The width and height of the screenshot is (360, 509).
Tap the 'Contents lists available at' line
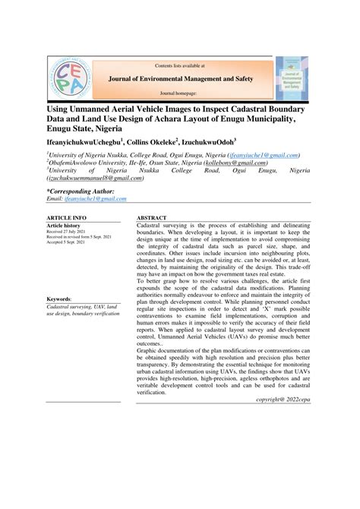pyautogui.click(x=180, y=65)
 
